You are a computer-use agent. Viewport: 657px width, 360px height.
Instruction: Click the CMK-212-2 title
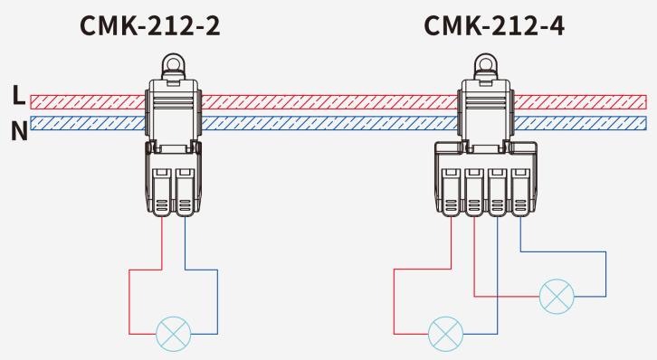(149, 25)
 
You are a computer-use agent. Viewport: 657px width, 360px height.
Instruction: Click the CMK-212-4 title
(494, 25)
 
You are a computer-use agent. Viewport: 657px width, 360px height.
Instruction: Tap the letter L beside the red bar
(18, 96)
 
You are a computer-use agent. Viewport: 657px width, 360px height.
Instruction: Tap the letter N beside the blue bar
(19, 130)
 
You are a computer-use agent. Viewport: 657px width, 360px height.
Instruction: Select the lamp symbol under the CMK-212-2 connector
(174, 334)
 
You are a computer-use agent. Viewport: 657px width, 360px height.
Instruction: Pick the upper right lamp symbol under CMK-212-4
(557, 297)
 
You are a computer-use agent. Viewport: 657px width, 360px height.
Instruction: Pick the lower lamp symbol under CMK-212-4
(446, 334)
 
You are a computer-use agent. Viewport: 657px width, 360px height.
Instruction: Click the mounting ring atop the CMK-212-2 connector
(174, 63)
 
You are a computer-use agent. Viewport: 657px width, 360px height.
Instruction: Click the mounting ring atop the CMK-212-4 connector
(486, 63)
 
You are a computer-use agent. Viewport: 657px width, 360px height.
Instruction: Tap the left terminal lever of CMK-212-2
(161, 193)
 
